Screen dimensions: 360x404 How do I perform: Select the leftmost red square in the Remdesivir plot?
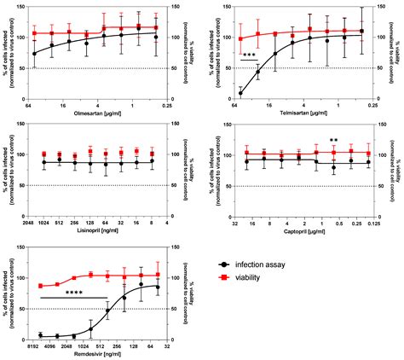coord(40,286)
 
